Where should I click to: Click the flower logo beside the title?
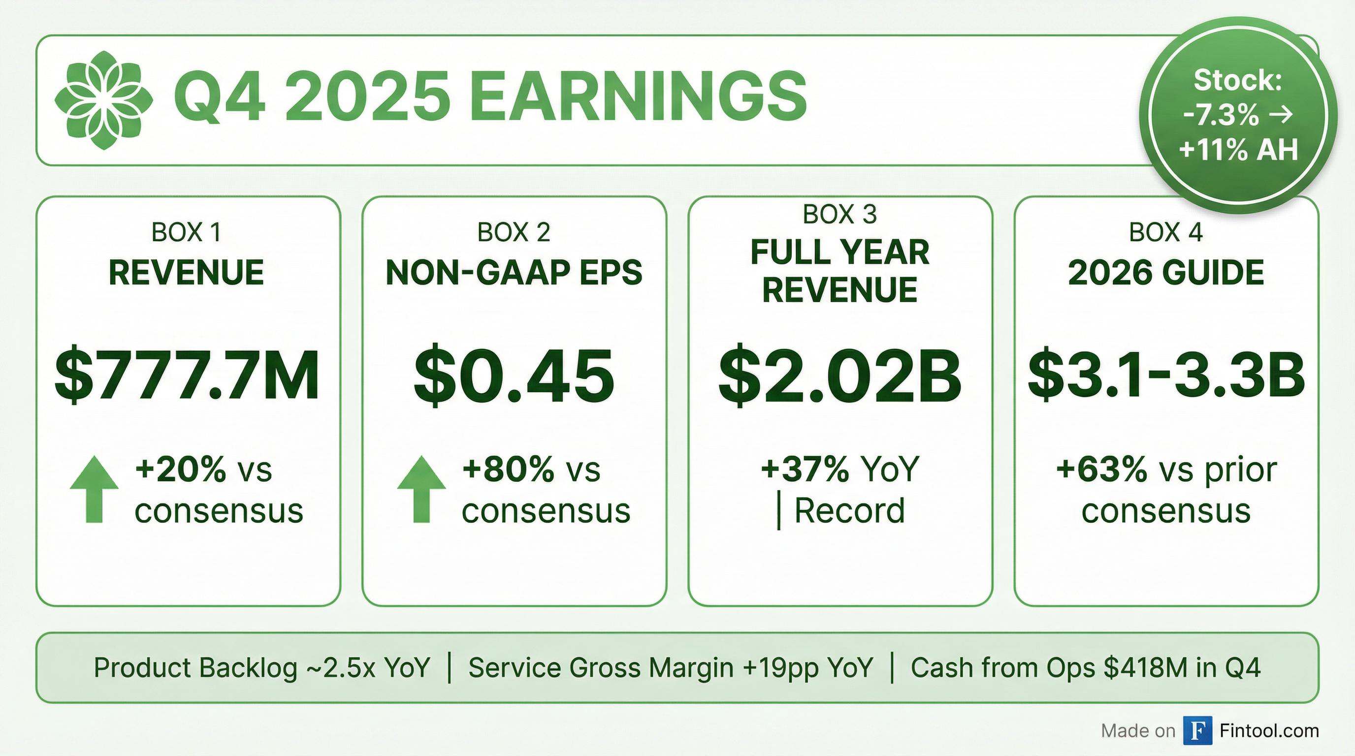[x=103, y=100]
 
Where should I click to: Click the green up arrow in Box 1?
[x=94, y=489]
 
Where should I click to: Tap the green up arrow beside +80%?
[x=421, y=489]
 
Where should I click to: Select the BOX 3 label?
[x=840, y=214]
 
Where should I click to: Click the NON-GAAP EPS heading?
[x=514, y=272]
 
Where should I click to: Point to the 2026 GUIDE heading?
[x=1166, y=272]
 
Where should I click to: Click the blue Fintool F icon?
[x=1198, y=731]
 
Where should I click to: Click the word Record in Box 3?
[x=849, y=510]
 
